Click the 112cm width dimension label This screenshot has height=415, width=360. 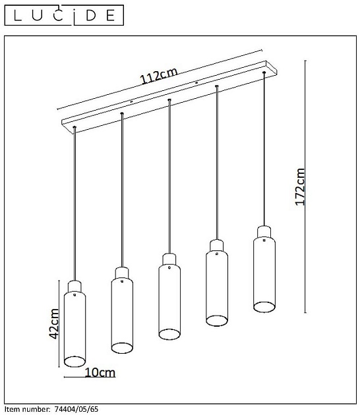[x=158, y=76]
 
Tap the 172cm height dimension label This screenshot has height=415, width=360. [x=300, y=187]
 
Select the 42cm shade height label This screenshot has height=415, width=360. [x=54, y=323]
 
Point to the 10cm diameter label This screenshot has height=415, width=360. [x=100, y=372]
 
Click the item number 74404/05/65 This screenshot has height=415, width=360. [x=76, y=409]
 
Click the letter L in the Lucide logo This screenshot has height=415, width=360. [x=18, y=15]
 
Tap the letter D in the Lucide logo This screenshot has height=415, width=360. [x=91, y=15]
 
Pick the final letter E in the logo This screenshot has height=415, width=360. [x=111, y=15]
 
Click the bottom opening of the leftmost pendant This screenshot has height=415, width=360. [x=75, y=362]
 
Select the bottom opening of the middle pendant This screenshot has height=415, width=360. [x=169, y=334]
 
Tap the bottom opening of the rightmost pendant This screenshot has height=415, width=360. [x=264, y=307]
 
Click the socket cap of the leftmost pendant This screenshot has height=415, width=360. [x=75, y=287]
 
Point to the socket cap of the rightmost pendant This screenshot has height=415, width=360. [x=264, y=232]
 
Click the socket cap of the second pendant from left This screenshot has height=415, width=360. [x=122, y=273]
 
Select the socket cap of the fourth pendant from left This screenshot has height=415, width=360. [x=217, y=246]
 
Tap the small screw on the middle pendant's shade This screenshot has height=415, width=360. [x=169, y=267]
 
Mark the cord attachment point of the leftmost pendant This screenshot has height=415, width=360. [x=75, y=127]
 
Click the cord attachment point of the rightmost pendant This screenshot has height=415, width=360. [x=264, y=72]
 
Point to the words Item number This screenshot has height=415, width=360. [x=28, y=409]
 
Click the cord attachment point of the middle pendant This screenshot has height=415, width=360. [x=169, y=99]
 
